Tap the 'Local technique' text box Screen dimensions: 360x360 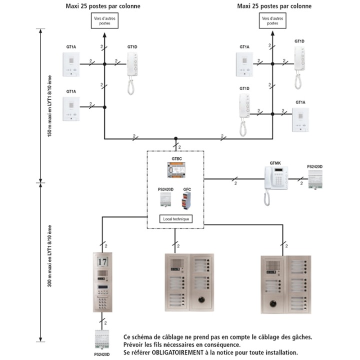[175, 218]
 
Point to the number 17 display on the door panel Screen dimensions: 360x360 [102, 261]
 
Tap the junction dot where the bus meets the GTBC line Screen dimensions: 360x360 [175, 139]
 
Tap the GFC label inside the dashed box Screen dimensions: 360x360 [186, 189]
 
